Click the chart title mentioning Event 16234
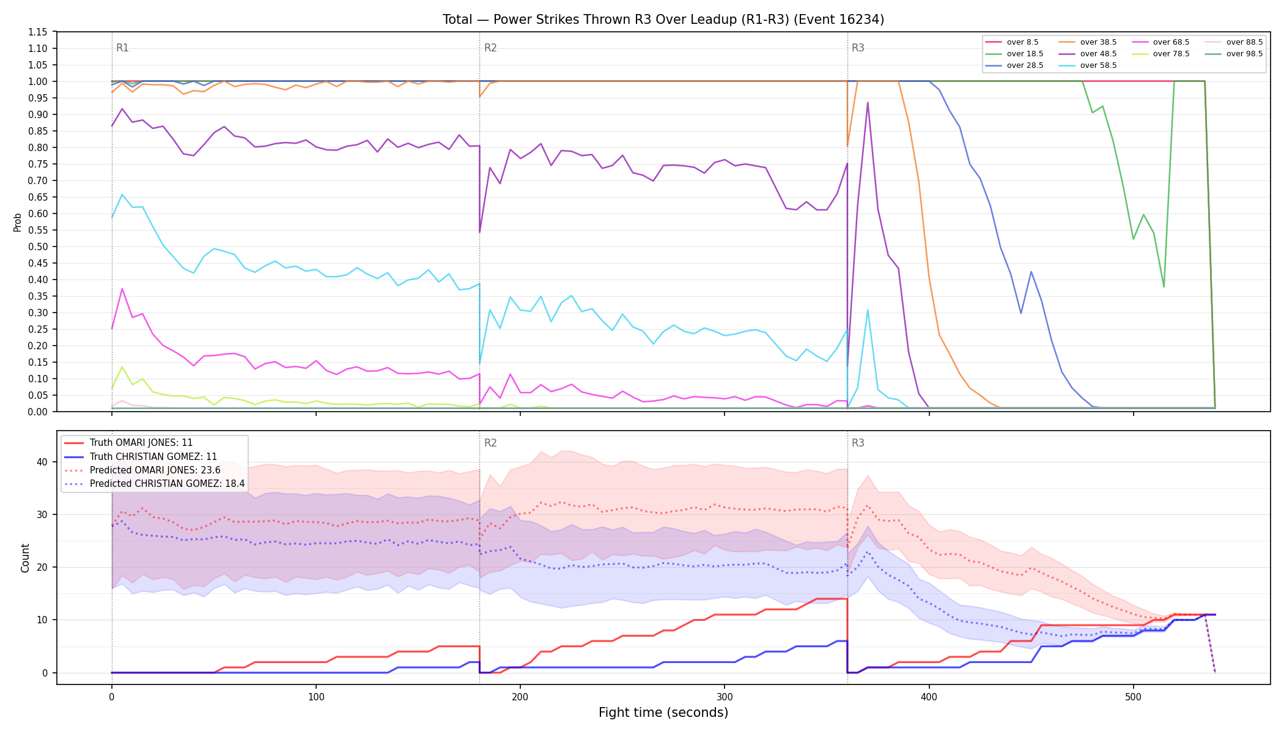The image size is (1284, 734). (663, 20)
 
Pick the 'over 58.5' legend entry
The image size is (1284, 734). (1088, 65)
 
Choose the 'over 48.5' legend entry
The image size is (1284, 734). (1088, 54)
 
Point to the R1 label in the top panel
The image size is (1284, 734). (122, 48)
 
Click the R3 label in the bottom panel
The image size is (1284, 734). (858, 443)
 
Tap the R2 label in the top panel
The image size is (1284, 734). (490, 48)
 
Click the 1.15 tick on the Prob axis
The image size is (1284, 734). (38, 32)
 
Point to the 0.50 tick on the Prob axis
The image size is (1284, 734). (38, 247)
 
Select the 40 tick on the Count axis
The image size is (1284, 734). (42, 462)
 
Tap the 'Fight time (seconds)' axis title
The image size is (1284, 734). (663, 713)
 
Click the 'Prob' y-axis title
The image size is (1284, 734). (17, 222)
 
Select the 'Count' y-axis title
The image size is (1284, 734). (25, 558)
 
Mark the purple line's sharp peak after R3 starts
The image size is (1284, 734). (868, 103)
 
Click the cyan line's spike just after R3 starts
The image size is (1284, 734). (868, 310)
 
